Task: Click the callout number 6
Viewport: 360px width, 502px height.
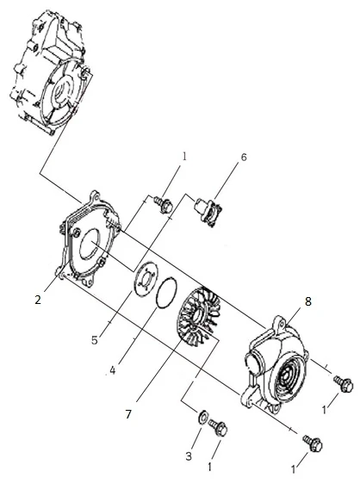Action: point(244,158)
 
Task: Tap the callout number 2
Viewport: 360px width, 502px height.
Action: point(38,300)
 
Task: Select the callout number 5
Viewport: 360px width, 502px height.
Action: point(94,340)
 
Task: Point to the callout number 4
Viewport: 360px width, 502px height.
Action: point(113,370)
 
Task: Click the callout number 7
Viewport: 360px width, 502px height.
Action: point(128,414)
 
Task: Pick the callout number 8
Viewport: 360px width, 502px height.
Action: point(307,301)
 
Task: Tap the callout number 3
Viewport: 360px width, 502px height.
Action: point(189,456)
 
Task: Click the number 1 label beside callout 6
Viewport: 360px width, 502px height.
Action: point(184,157)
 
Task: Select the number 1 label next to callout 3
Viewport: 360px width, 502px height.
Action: point(209,467)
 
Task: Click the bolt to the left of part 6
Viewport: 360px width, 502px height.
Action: point(164,204)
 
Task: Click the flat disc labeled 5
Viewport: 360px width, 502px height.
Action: point(146,278)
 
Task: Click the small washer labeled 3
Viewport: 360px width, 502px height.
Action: point(202,417)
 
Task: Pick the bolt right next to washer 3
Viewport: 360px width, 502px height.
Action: point(219,428)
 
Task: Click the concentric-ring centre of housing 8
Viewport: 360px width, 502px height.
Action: point(288,378)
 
